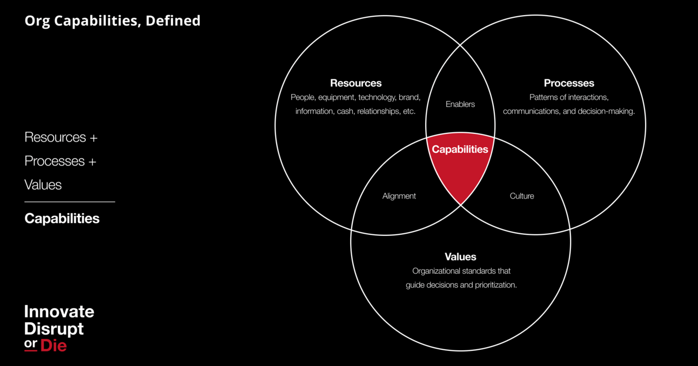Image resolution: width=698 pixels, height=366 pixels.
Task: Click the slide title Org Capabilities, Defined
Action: point(112,21)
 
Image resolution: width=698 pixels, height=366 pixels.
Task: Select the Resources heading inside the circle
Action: point(355,83)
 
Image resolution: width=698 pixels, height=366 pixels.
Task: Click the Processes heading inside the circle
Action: point(569,83)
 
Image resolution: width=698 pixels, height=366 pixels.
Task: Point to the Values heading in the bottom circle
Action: point(460,256)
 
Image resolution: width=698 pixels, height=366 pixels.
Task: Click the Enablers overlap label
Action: point(460,104)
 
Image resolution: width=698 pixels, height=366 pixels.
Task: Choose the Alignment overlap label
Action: point(399,196)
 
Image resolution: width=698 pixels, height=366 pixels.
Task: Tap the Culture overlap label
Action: point(522,196)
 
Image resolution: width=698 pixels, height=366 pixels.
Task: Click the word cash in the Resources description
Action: point(345,111)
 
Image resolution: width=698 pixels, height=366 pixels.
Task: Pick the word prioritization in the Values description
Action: point(495,284)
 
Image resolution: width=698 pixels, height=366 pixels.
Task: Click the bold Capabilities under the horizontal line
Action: point(62,219)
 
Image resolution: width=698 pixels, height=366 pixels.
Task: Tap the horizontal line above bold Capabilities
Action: point(70,202)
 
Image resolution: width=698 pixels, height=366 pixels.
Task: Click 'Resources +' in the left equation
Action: point(61,138)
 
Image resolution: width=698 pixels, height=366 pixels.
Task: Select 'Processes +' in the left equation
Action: point(60,161)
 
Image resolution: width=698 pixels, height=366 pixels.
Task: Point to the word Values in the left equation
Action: point(43,185)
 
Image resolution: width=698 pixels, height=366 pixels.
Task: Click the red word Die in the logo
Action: point(53,345)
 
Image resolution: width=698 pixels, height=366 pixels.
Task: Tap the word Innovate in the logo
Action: point(59,311)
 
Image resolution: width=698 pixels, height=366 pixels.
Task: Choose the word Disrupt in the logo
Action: point(54,328)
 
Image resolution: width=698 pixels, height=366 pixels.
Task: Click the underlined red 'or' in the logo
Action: point(31,344)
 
